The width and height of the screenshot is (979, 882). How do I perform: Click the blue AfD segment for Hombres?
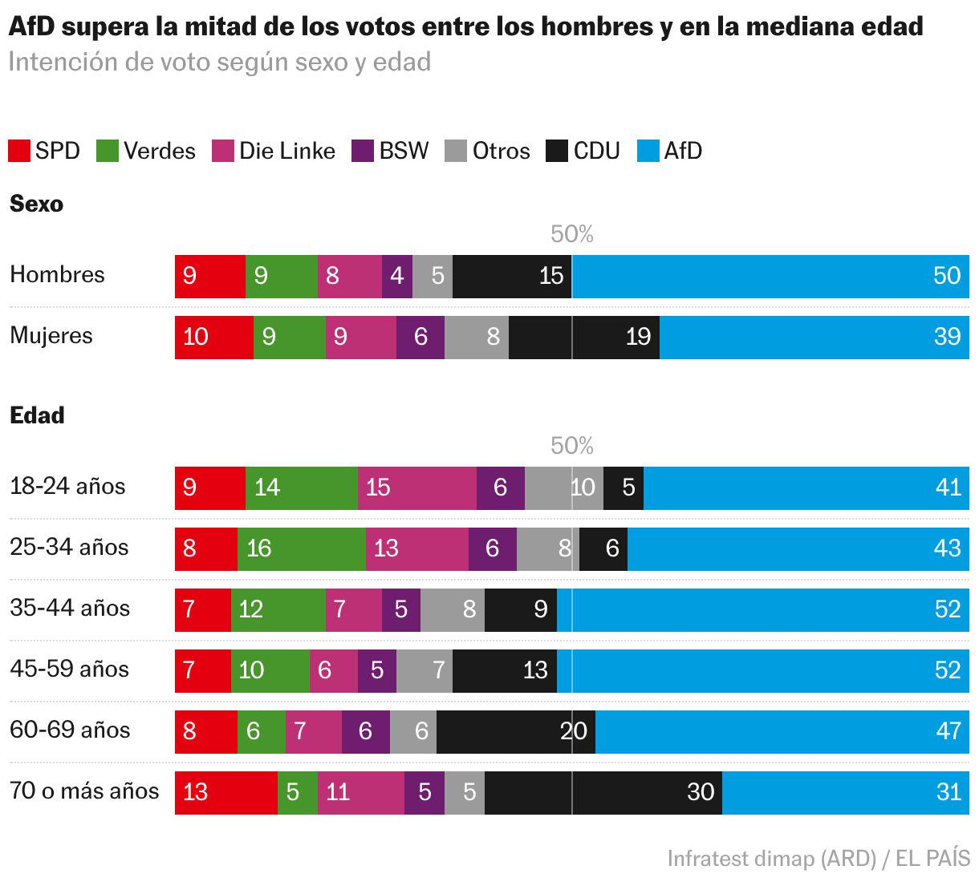[x=770, y=276]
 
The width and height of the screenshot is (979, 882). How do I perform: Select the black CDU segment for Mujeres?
[x=583, y=338]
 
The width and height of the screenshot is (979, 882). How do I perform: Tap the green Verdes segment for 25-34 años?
[x=302, y=549]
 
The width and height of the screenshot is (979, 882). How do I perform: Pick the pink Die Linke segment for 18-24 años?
[x=417, y=488]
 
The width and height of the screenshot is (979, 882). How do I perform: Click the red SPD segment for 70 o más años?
[x=226, y=793]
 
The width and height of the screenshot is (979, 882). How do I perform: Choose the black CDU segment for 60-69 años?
[x=516, y=732]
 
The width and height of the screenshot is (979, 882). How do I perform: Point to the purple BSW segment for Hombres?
[x=397, y=276]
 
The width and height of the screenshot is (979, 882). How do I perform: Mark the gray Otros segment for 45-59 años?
[x=425, y=671]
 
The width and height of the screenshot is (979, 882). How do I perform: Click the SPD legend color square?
[x=19, y=151]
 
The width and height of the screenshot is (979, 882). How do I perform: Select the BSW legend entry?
[x=390, y=151]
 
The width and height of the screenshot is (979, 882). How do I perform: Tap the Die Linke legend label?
[x=287, y=151]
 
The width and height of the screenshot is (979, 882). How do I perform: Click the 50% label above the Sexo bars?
[x=572, y=234]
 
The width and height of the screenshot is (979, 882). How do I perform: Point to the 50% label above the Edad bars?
[x=572, y=445]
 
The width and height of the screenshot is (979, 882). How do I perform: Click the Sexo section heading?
[x=37, y=204]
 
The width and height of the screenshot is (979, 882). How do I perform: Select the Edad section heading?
[x=37, y=415]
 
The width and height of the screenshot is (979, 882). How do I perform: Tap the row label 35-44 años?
[x=70, y=609]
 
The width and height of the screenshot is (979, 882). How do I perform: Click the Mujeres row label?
[x=51, y=336]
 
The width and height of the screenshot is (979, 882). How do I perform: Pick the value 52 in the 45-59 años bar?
[x=948, y=670]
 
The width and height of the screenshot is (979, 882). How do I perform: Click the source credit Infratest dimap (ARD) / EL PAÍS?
[x=819, y=858]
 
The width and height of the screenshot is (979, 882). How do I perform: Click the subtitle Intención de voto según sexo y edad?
[x=220, y=62]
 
